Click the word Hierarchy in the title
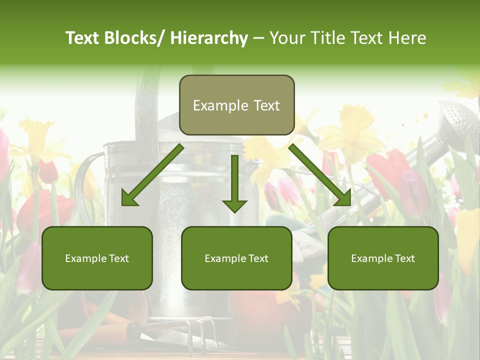[x=209, y=38]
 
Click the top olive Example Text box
[x=236, y=105]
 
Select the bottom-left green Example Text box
[x=97, y=258]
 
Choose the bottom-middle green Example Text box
[x=236, y=258]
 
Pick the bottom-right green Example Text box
[x=383, y=258]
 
